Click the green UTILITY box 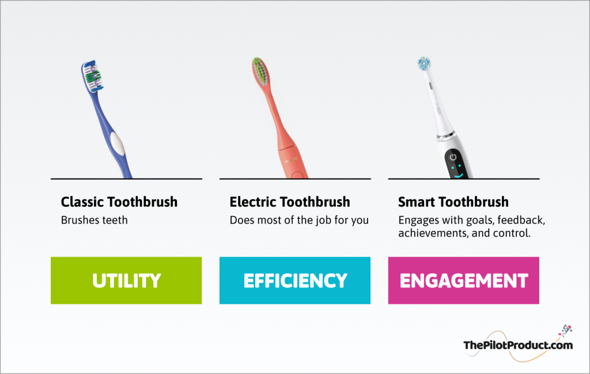(x=126, y=280)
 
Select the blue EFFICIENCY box (x=295, y=280)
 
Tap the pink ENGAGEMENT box (x=464, y=280)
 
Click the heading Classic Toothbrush (x=119, y=202)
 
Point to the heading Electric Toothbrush (x=290, y=202)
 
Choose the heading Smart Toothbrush (x=453, y=202)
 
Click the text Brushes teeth (x=94, y=220)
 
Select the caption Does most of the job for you (x=299, y=220)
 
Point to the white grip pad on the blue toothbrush (x=118, y=143)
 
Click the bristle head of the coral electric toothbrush (x=260, y=71)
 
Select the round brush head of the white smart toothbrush (x=424, y=64)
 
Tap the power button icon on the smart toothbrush (x=453, y=157)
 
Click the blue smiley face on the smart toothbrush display (x=457, y=171)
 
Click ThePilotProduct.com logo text (x=518, y=345)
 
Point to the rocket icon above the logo (x=566, y=330)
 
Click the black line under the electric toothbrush (x=295, y=179)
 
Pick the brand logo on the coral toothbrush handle (x=291, y=160)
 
